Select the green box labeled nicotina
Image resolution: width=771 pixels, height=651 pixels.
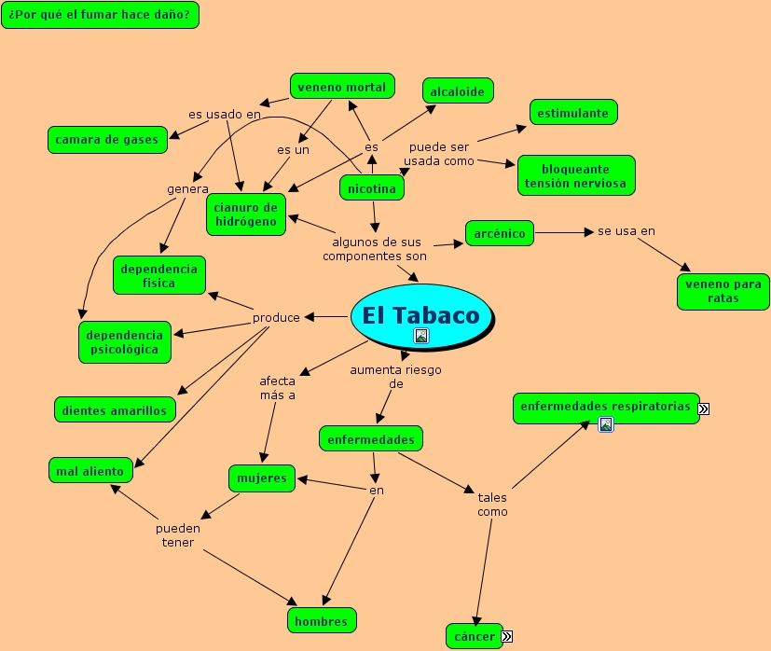[x=371, y=188]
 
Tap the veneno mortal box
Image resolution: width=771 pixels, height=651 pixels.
[x=341, y=87]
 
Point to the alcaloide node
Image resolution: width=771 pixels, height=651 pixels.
[x=457, y=90]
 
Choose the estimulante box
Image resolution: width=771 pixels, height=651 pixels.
[x=573, y=113]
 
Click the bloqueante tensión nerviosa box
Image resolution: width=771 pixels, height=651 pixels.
[x=575, y=175]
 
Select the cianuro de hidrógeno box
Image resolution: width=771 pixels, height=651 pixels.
[x=245, y=215]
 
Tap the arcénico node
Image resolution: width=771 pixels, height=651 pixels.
[x=499, y=233]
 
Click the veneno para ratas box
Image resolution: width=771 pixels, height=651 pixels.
[x=723, y=291]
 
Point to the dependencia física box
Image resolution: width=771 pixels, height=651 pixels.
[x=159, y=275]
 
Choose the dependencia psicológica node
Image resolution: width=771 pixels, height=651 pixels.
[x=125, y=341]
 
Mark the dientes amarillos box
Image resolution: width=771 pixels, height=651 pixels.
[x=115, y=409]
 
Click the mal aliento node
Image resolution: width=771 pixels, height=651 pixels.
[x=89, y=471]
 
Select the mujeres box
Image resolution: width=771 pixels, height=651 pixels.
[x=262, y=478]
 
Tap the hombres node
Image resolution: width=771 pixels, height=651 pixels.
[x=321, y=620]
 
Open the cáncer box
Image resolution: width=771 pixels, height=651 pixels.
[x=474, y=636]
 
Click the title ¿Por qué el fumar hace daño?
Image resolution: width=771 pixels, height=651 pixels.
[x=100, y=15]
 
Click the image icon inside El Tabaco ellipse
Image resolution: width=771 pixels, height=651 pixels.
[x=421, y=336]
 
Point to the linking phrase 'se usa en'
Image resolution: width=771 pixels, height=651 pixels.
[x=626, y=230]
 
